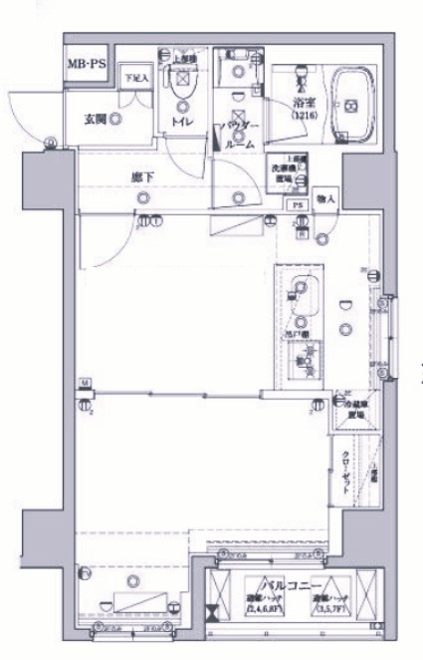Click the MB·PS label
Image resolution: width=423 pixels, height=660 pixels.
tap(87, 66)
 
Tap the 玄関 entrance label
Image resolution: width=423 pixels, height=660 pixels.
tap(96, 119)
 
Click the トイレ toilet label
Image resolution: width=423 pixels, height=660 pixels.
tap(182, 122)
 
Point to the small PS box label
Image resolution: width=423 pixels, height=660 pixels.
tap(297, 205)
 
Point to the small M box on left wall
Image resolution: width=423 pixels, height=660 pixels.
tap(86, 382)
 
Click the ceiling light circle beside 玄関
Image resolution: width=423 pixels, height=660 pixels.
tap(116, 119)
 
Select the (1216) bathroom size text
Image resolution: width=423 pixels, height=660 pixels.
tap(303, 117)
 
